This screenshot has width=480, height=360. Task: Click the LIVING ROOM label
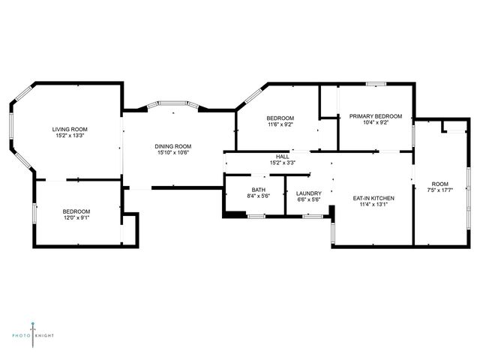click(70, 129)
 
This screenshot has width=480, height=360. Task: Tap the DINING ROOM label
click(173, 146)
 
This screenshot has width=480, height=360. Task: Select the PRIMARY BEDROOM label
click(376, 116)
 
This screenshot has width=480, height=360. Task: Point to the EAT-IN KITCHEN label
click(373, 198)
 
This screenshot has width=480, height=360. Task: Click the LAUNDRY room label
click(309, 193)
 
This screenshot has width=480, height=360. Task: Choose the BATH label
click(259, 190)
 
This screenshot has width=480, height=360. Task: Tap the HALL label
click(282, 157)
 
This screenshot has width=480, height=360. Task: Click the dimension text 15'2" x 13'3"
click(70, 136)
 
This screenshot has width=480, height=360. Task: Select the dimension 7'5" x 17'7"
click(440, 190)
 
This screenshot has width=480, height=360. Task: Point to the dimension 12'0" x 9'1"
click(76, 218)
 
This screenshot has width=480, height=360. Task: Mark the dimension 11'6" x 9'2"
click(280, 124)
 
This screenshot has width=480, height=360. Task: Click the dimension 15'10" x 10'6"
click(173, 153)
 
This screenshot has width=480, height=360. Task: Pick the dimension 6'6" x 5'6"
click(309, 200)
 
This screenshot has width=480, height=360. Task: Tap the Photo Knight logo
click(33, 335)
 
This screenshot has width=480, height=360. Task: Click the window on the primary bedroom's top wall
click(376, 84)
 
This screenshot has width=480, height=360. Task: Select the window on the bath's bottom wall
click(256, 217)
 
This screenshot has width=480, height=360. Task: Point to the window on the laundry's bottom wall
click(313, 217)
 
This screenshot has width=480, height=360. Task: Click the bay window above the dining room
click(173, 103)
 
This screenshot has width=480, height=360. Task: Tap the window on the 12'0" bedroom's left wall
click(34, 213)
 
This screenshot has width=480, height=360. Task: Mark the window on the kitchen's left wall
click(333, 233)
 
